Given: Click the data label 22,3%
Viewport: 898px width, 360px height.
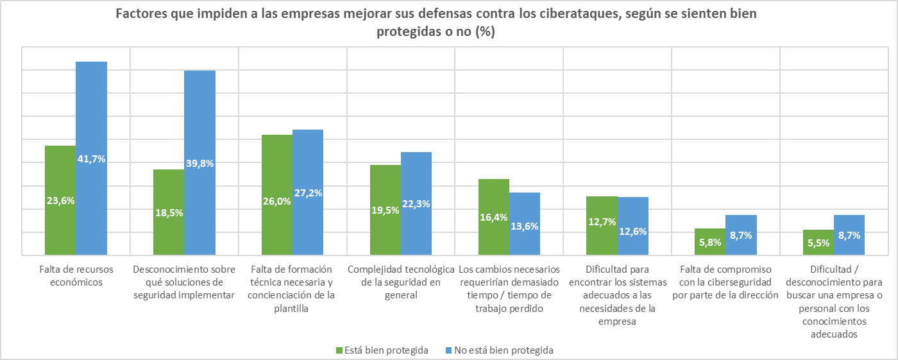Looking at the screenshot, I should (416, 204).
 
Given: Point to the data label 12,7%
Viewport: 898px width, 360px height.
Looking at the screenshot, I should (602, 222).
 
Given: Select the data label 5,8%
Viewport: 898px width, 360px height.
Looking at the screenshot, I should (711, 243).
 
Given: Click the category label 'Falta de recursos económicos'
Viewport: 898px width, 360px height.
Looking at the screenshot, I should (76, 275).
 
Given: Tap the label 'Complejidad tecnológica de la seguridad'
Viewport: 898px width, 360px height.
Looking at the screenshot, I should (401, 282).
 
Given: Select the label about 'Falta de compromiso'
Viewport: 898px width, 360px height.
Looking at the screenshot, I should (725, 282).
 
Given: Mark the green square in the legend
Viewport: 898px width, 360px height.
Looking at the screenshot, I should (339, 350).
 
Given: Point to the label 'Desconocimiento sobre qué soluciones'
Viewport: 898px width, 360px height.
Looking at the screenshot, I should (184, 282).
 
